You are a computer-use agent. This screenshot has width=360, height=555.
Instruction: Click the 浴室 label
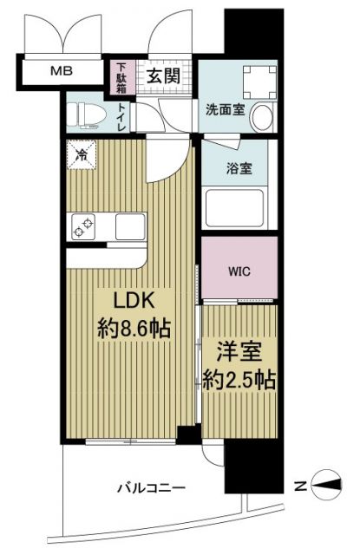coord(240,169)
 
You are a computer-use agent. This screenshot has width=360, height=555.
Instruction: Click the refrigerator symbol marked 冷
coord(79,158)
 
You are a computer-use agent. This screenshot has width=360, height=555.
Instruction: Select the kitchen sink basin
coord(130,227)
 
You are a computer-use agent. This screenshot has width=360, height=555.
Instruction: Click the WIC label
coord(239,270)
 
